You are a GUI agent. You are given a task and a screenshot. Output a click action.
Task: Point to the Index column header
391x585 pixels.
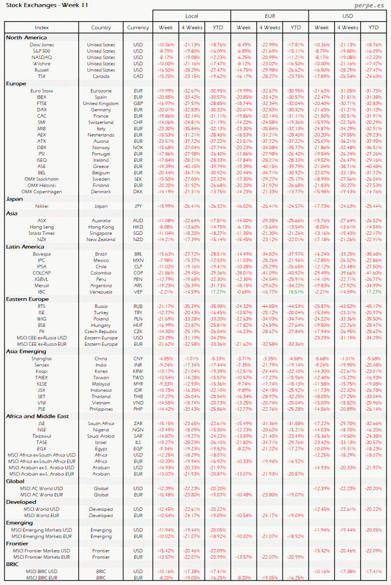pos(41,27)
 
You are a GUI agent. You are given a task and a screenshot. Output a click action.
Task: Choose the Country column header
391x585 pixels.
pos(101,27)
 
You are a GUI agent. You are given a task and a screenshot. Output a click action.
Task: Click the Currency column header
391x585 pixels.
pos(138,27)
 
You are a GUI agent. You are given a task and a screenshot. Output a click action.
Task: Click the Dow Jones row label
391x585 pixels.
pos(41,44)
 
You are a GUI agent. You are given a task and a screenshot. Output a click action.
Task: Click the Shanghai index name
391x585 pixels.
pos(41,358)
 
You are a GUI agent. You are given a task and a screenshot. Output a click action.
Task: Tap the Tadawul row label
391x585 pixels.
pos(41,436)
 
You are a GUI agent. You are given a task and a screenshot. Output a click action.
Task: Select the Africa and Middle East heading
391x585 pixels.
pos(37,416)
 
